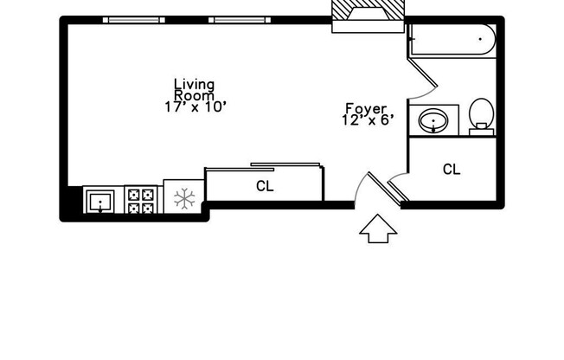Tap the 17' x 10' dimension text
point(195,107)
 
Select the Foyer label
point(366,109)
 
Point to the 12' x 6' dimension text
point(368,121)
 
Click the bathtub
point(452,40)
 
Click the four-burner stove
point(141,200)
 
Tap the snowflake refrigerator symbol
point(183,199)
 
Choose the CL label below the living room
point(265,186)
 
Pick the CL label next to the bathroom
point(452,170)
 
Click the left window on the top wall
point(134,20)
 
